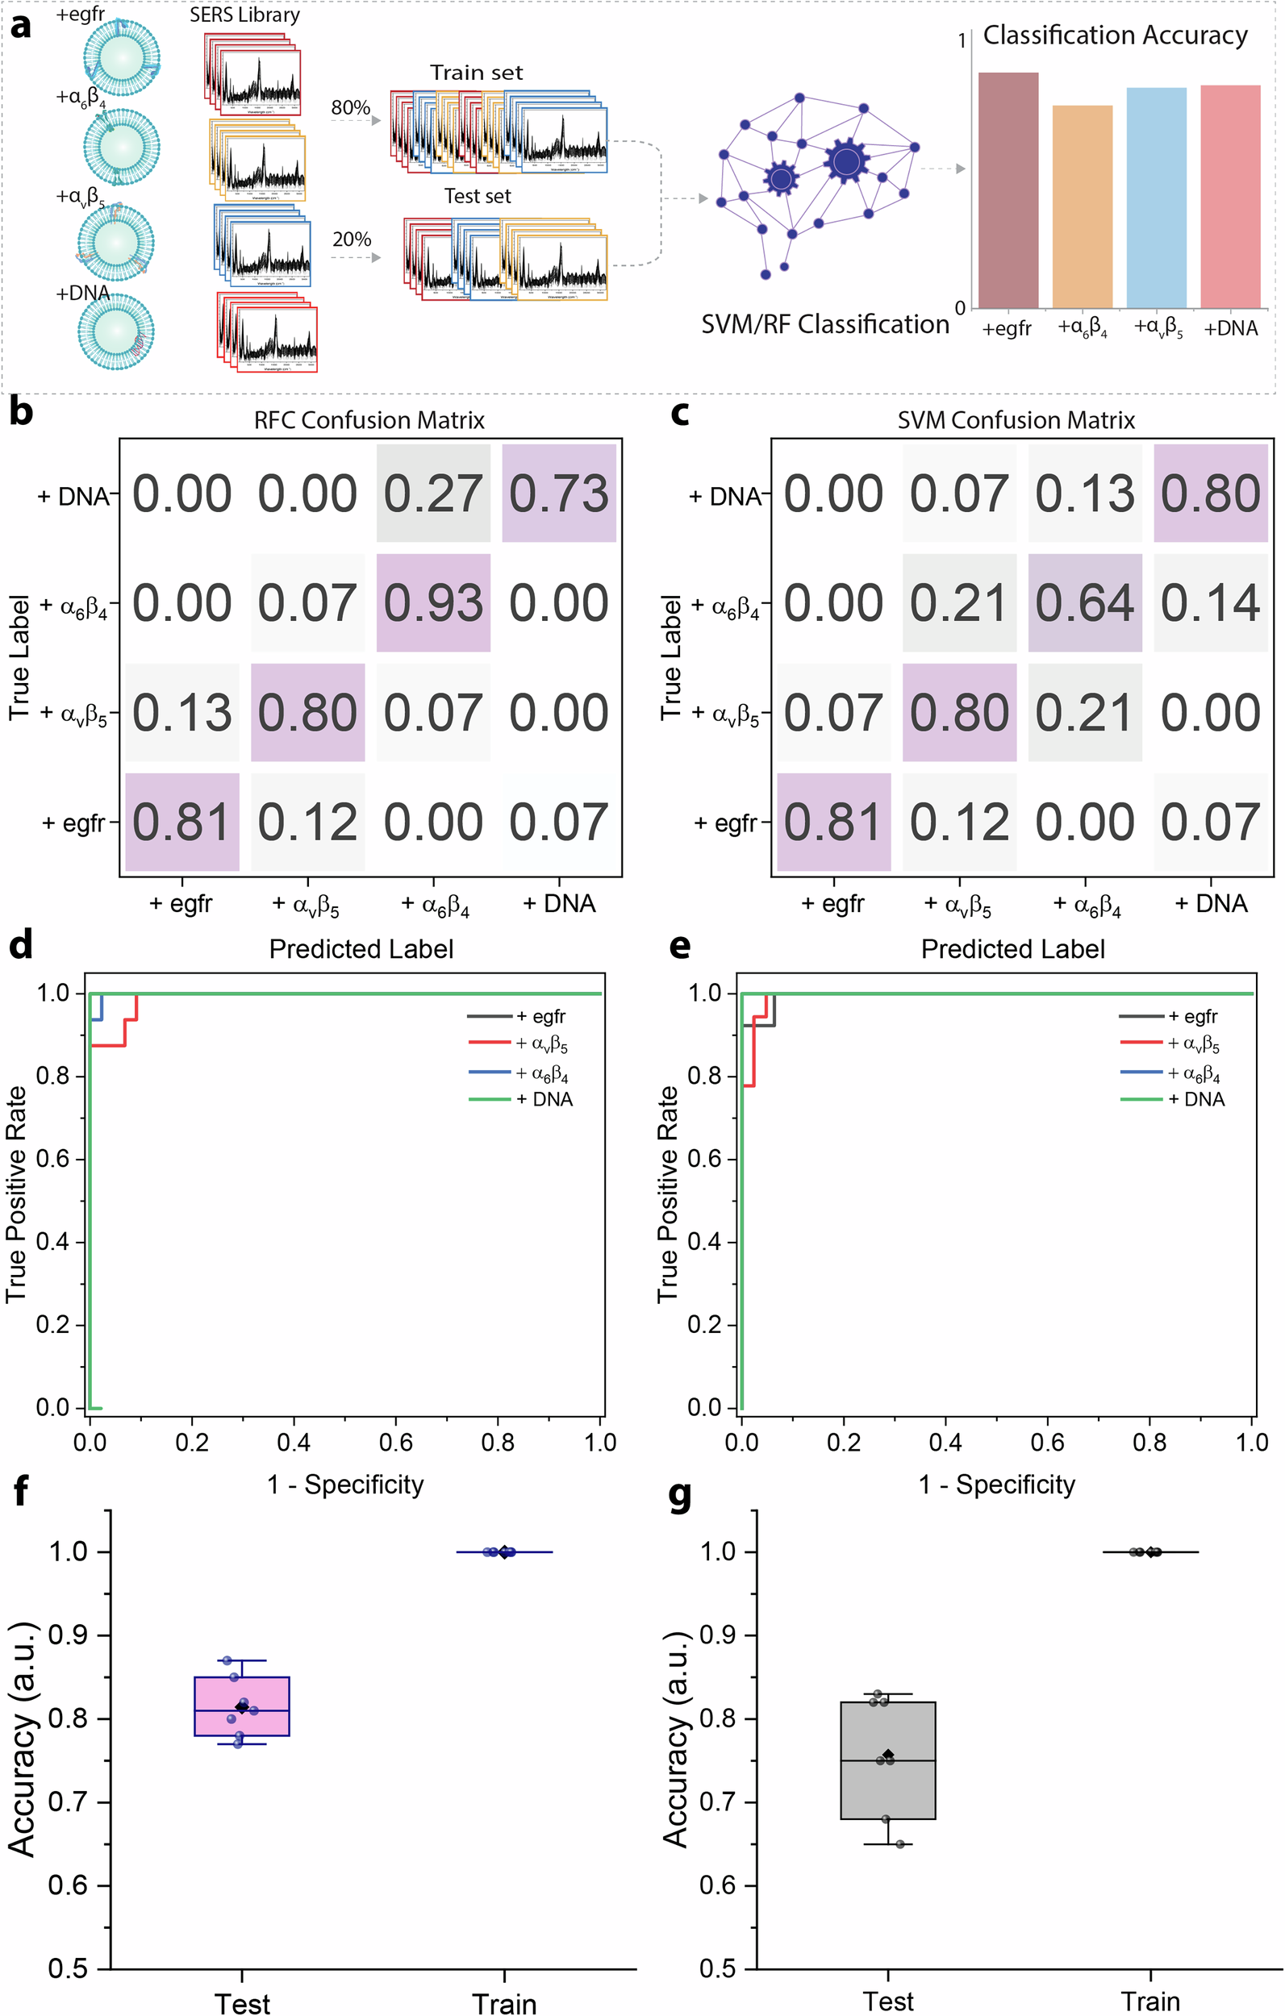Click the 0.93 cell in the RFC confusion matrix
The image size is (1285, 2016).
click(433, 603)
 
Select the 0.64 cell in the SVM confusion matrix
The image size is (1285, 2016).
click(1085, 603)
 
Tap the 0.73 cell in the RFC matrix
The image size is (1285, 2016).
click(559, 494)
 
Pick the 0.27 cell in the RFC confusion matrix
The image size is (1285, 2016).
click(433, 494)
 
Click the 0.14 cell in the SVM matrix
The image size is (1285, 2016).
click(1211, 603)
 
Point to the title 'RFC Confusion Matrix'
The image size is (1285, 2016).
click(369, 419)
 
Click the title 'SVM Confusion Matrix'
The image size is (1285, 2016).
click(1016, 419)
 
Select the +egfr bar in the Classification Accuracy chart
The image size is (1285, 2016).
click(1008, 191)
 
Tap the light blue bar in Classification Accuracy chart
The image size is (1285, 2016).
click(1156, 198)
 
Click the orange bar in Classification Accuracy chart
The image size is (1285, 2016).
click(1083, 206)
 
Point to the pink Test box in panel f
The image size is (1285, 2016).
click(242, 1706)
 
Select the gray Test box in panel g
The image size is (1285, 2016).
click(888, 1760)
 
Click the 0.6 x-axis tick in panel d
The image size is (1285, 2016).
click(396, 1443)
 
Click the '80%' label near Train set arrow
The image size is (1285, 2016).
click(350, 107)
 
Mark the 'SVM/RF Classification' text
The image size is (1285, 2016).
click(825, 324)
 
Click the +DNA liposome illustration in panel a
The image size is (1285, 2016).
click(117, 331)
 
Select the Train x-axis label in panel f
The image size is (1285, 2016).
click(504, 2002)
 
